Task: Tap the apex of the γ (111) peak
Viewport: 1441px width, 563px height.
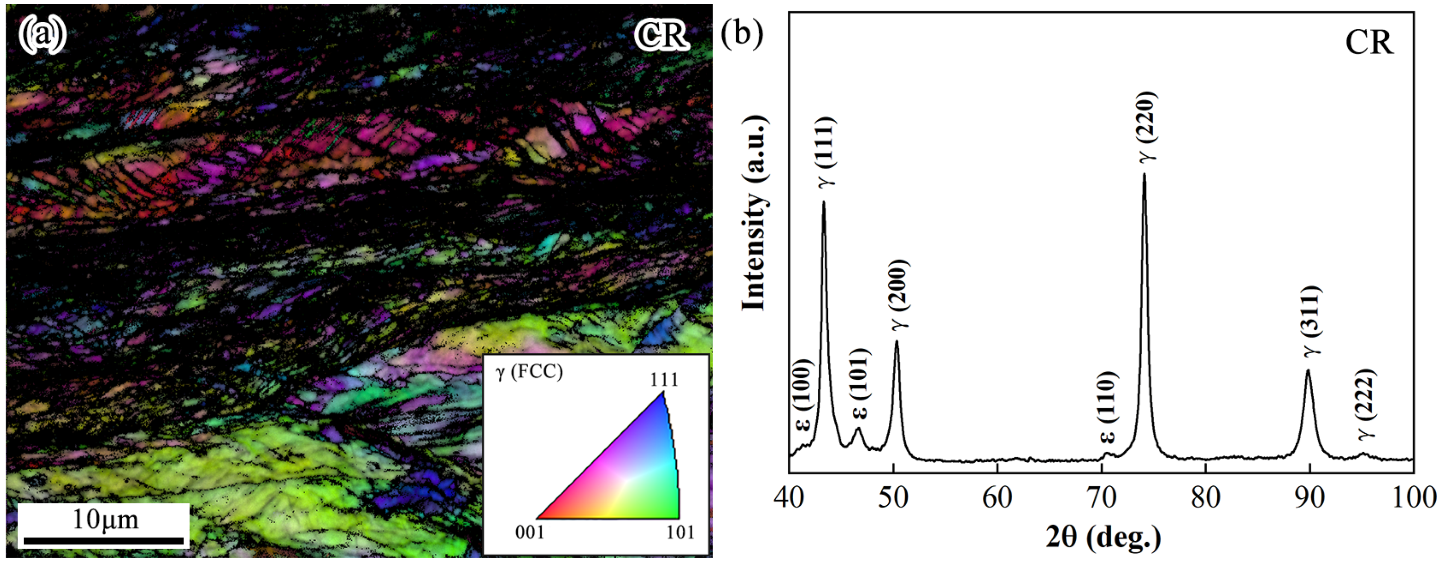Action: coord(823,203)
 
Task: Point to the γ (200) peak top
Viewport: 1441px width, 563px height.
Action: coord(897,341)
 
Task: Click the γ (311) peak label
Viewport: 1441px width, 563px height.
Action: coord(1312,321)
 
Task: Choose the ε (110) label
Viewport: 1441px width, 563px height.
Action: coord(1107,407)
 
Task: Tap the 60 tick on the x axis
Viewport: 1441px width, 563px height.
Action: coord(998,498)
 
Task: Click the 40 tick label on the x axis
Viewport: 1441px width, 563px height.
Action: coord(789,498)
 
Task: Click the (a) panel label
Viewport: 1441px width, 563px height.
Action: coord(43,35)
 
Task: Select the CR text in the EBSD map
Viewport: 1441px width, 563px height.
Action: coord(662,35)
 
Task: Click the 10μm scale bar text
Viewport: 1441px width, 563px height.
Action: coord(105,519)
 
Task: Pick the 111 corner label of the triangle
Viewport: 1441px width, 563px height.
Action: coord(664,379)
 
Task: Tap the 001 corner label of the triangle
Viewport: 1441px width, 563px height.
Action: coord(530,532)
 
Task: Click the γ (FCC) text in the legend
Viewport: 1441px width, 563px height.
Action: coord(529,372)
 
